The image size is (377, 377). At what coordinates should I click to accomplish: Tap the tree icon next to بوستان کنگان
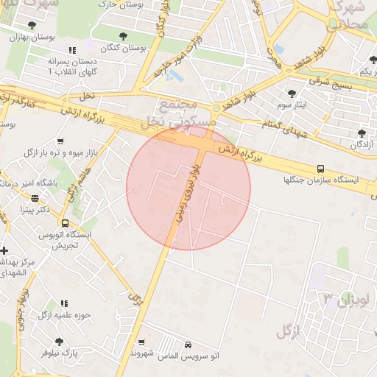click(x=122, y=35)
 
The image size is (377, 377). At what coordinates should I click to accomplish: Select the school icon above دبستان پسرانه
click(x=71, y=50)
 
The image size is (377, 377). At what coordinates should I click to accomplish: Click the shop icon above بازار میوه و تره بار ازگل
click(x=60, y=141)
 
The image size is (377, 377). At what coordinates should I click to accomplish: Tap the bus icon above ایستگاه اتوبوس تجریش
click(x=66, y=223)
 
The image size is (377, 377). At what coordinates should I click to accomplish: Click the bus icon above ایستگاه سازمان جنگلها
click(x=320, y=168)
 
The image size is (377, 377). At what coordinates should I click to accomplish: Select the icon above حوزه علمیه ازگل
click(x=64, y=303)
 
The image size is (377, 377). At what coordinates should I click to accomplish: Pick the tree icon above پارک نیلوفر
click(x=59, y=342)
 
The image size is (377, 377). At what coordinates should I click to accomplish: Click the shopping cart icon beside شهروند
click(x=141, y=342)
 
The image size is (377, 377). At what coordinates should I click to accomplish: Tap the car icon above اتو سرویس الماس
click(x=188, y=345)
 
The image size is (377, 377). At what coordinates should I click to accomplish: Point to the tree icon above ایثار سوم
click(x=292, y=94)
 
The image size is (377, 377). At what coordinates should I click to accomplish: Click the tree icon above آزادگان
click(x=362, y=133)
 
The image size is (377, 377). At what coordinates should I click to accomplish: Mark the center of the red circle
click(x=188, y=188)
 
